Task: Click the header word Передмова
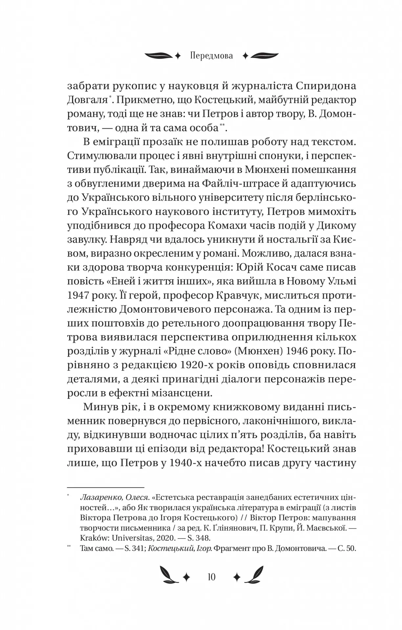coord(212,56)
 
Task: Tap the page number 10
coord(212,577)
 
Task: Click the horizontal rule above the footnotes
coord(106,487)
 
